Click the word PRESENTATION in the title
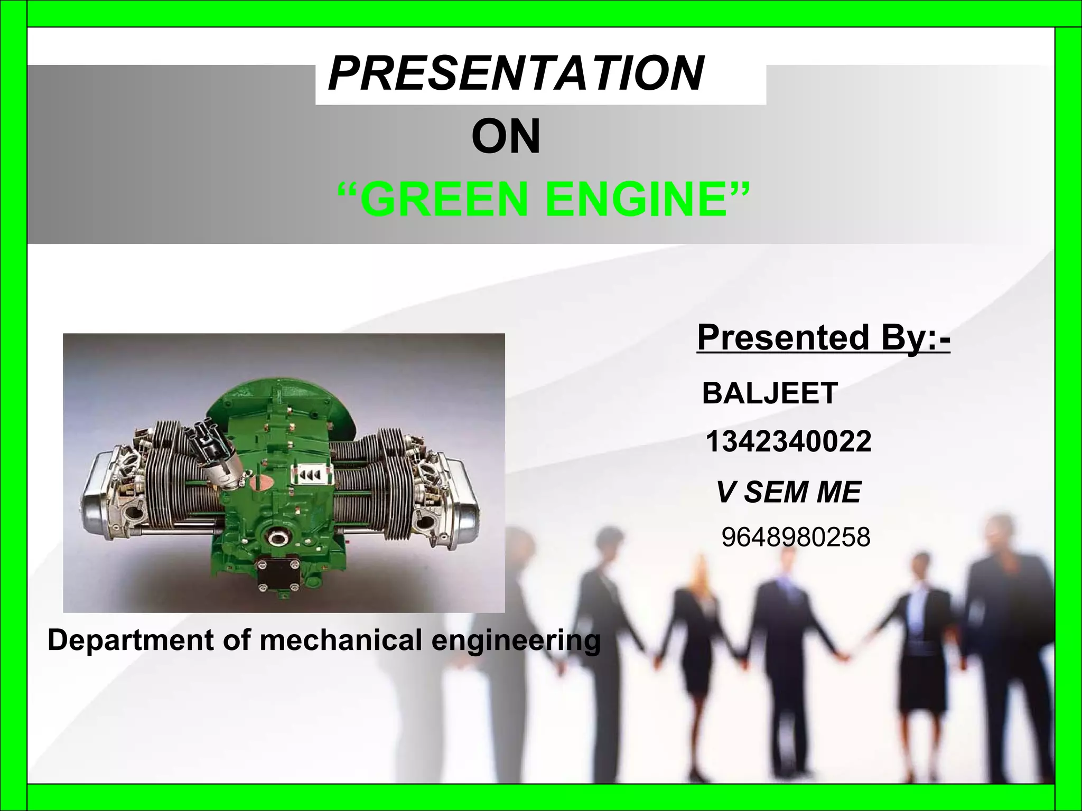(516, 74)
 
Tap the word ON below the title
(506, 137)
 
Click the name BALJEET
(770, 393)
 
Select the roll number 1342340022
(788, 442)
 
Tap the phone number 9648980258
(796, 538)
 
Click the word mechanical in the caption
(341, 640)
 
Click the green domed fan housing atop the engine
(275, 393)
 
